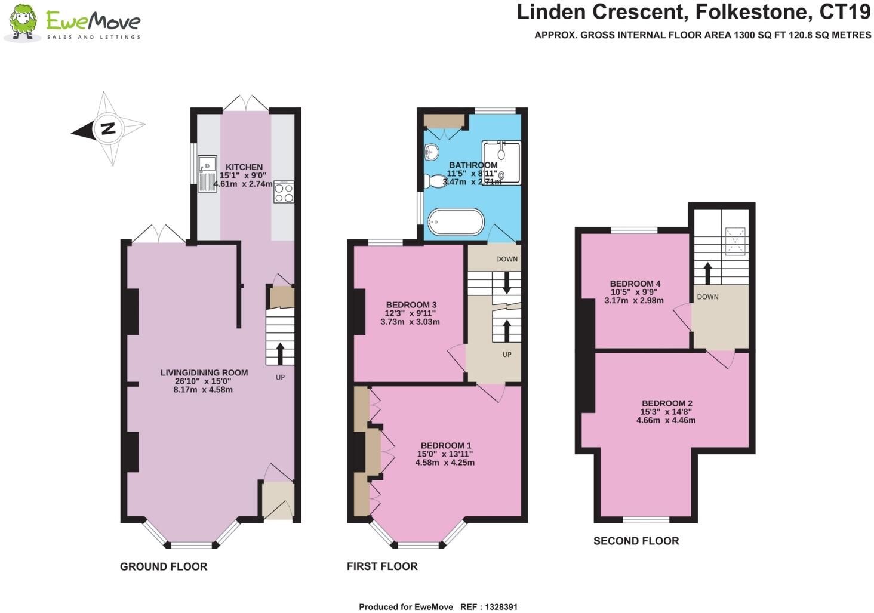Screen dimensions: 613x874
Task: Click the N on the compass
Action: click(x=107, y=128)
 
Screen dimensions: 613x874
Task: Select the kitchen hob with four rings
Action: click(x=284, y=192)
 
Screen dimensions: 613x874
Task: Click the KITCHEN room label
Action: click(x=244, y=167)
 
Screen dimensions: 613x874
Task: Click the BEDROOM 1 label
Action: click(x=445, y=446)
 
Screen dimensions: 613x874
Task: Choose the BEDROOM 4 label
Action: click(x=635, y=284)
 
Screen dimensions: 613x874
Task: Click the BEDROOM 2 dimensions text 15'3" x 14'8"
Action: click(x=666, y=412)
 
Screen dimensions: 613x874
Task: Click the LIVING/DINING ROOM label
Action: click(x=204, y=372)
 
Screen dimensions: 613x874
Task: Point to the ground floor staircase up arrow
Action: click(x=279, y=353)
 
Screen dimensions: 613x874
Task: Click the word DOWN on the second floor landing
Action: click(x=707, y=297)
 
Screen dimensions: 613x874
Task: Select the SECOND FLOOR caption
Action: click(x=636, y=541)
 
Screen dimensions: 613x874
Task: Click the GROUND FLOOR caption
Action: click(x=164, y=566)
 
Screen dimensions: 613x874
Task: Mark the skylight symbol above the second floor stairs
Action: click(x=735, y=241)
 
